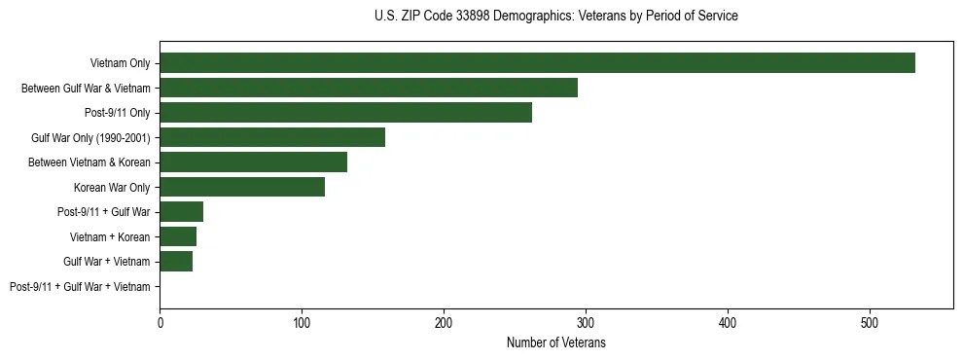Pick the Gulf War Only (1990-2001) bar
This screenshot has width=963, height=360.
click(x=272, y=137)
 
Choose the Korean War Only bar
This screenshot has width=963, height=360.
click(x=242, y=187)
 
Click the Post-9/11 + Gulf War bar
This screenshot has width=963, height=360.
click(x=181, y=212)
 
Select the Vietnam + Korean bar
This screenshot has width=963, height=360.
click(x=178, y=236)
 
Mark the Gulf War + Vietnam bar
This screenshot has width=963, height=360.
click(x=176, y=262)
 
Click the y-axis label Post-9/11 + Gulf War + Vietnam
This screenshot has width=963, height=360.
click(x=80, y=287)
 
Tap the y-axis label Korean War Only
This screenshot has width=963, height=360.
click(x=112, y=188)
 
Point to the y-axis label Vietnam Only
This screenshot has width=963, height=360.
click(x=121, y=64)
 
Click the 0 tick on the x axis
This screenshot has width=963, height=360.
click(x=160, y=322)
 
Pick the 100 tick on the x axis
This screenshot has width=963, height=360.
click(x=302, y=322)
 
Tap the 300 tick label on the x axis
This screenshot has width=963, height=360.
click(x=586, y=322)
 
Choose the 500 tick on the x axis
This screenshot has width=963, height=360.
click(x=870, y=322)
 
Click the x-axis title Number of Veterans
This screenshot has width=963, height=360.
click(x=555, y=342)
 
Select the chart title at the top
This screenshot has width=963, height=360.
click(x=555, y=17)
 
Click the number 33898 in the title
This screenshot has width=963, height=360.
click(x=460, y=17)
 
